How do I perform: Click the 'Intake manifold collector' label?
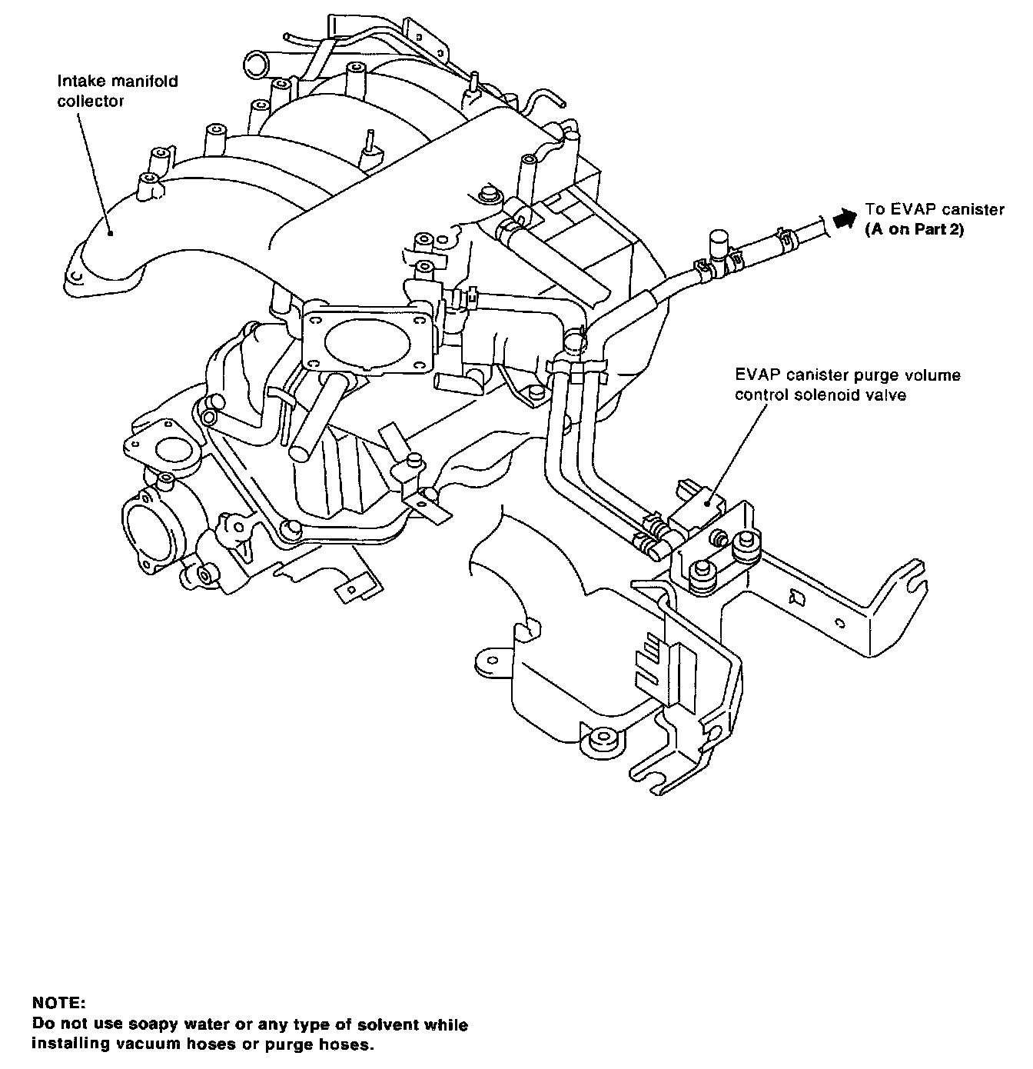(x=118, y=92)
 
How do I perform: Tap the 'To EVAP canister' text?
(x=935, y=209)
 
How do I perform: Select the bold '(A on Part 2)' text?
(x=915, y=230)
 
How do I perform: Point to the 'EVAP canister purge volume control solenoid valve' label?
(x=848, y=385)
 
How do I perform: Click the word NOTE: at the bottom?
(x=59, y=1004)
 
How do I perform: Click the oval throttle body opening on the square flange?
(x=367, y=343)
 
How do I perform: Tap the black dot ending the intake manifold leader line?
(x=111, y=234)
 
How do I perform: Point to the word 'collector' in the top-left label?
(x=91, y=101)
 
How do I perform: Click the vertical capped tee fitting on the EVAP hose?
(x=719, y=247)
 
